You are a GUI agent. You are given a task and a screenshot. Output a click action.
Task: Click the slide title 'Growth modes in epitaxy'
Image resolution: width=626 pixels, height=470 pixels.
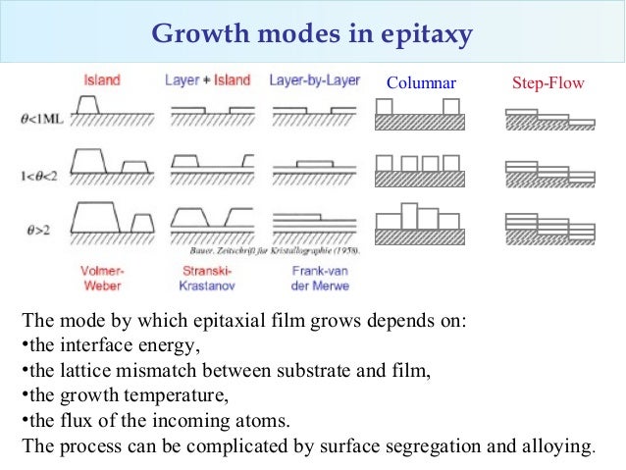pos(312,36)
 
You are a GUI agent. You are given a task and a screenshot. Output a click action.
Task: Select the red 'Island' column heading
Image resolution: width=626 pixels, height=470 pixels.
pos(103,79)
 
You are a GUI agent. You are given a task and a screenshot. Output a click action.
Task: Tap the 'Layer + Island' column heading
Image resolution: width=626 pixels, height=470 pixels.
pos(207,79)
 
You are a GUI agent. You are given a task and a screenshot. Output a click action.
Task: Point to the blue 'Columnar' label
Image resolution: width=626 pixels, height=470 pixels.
pos(422,84)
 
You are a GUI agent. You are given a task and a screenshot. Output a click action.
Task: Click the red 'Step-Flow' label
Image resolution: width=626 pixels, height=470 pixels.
pos(548,84)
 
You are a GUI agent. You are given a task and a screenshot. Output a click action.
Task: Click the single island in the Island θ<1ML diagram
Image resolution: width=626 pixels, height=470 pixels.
pos(88,103)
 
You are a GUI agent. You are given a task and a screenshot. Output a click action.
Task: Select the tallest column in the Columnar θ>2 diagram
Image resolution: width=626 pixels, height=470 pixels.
pos(410,215)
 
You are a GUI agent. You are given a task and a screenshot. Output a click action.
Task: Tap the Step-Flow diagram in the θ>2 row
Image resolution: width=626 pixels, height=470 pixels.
pos(549,227)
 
